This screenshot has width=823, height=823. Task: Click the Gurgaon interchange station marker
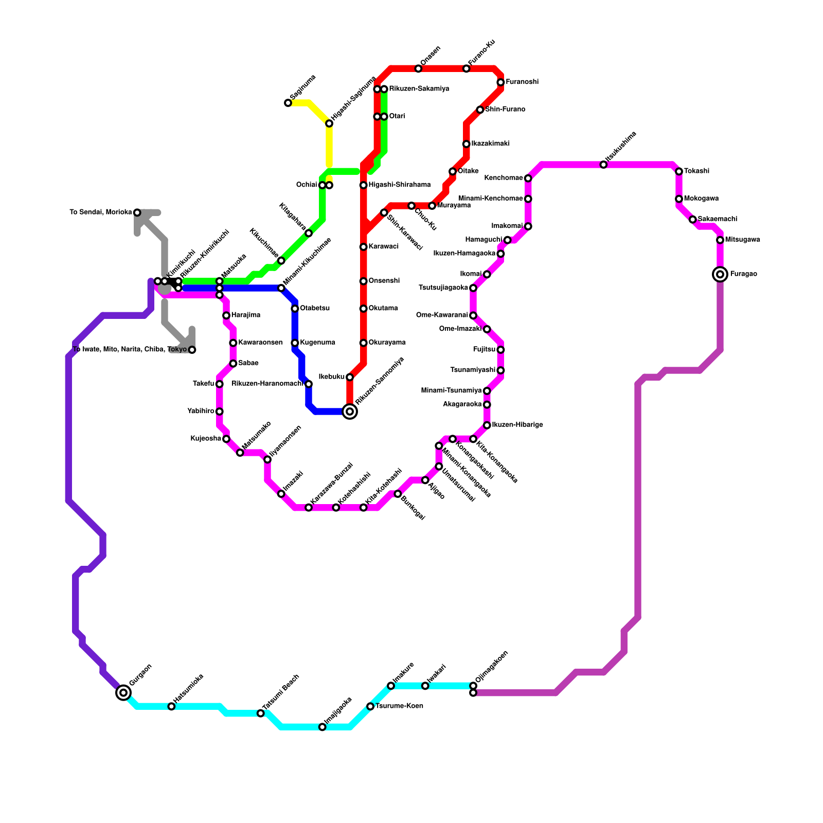[123, 693]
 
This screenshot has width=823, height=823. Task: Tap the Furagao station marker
[720, 274]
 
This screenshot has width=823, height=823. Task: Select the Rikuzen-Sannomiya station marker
[350, 411]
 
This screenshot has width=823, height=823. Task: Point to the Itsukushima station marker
[603, 165]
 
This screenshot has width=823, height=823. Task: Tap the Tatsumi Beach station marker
[261, 713]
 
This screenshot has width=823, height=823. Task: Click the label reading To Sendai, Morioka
[101, 212]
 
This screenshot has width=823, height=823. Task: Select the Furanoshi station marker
[500, 82]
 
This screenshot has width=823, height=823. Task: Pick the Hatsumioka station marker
[171, 706]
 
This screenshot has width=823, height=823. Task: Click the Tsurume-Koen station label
[399, 706]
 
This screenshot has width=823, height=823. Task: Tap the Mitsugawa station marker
[720, 240]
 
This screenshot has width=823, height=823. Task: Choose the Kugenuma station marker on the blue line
[295, 343]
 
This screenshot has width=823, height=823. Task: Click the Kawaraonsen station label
[260, 343]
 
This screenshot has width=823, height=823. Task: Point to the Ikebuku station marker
[350, 377]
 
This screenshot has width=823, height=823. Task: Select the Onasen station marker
[418, 69]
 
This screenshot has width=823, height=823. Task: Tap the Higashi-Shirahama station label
[399, 185]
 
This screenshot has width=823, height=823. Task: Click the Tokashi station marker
[679, 171]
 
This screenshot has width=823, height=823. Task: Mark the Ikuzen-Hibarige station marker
[487, 425]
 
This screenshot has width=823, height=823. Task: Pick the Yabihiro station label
[201, 411]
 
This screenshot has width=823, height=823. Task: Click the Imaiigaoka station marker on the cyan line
[322, 727]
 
